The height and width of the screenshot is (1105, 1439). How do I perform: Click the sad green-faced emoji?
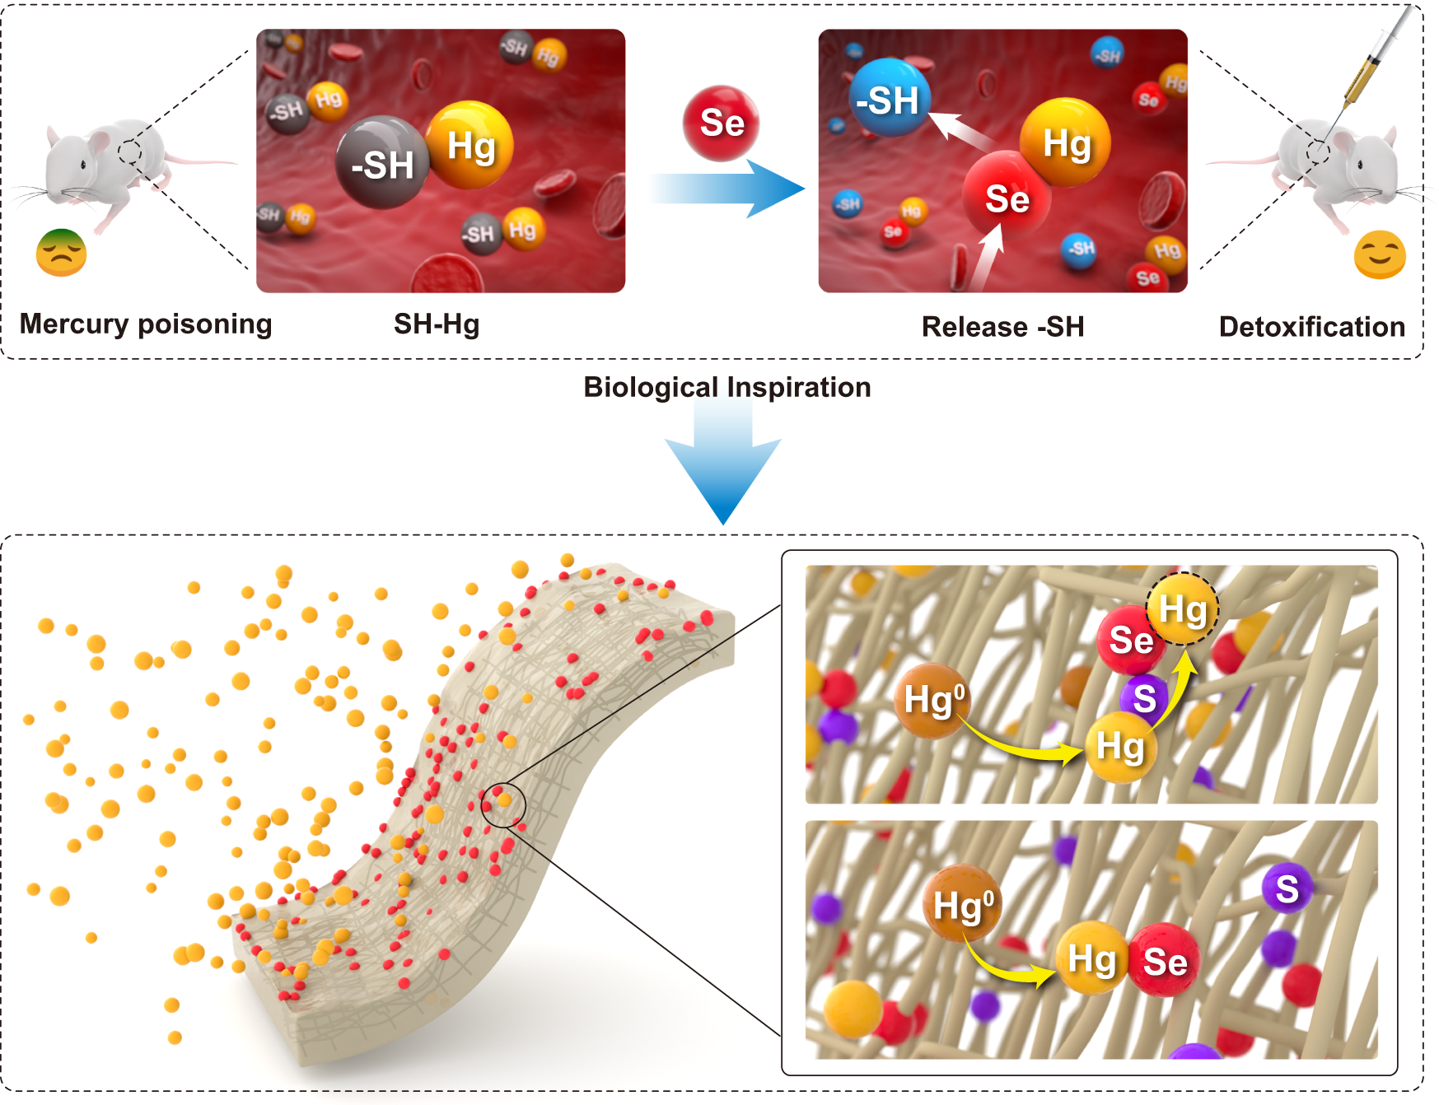(61, 253)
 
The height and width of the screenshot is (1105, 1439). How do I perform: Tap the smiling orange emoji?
(1379, 255)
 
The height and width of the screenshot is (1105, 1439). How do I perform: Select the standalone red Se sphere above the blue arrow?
(721, 123)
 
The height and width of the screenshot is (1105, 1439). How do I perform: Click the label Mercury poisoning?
(146, 324)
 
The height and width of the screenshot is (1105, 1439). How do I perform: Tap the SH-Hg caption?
(437, 324)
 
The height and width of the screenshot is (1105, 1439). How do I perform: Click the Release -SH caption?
(1002, 327)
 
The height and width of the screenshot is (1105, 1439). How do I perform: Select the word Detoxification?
(1311, 327)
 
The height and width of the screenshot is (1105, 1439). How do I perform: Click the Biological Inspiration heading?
(727, 387)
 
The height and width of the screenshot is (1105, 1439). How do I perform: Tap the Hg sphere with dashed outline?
(1183, 609)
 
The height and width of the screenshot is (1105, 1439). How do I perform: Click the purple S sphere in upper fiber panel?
(1144, 698)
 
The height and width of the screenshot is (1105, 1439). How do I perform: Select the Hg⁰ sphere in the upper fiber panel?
(932, 700)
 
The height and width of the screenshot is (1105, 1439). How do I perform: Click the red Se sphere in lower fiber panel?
(1165, 961)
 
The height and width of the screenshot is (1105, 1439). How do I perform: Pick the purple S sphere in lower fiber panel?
(1287, 889)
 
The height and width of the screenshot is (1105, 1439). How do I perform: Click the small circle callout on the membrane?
(502, 804)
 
